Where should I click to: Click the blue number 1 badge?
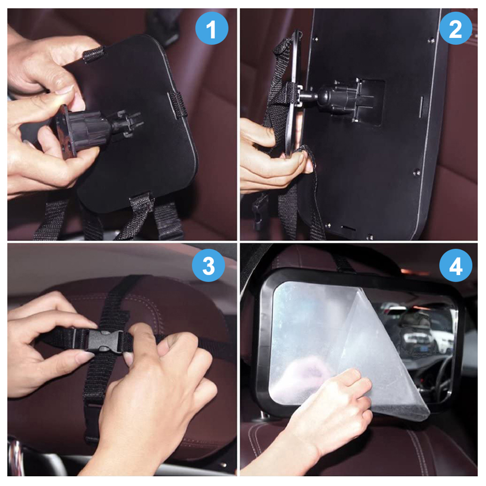(211, 29)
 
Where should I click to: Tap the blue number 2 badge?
(455, 29)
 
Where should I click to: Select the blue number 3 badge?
(208, 265)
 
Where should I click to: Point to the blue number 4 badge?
(455, 265)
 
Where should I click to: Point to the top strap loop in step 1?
(94, 54)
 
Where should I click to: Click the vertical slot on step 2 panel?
(421, 107)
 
